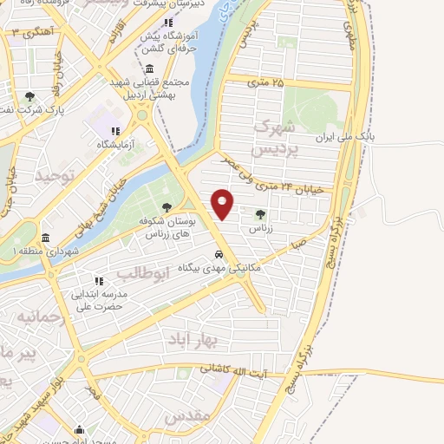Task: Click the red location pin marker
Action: (x=223, y=203)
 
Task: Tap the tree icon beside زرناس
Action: (x=260, y=212)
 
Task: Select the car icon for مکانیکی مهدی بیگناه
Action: (x=219, y=255)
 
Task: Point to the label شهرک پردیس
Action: (x=271, y=138)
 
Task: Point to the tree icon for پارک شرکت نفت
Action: (x=30, y=96)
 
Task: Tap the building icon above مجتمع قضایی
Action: (x=150, y=69)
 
